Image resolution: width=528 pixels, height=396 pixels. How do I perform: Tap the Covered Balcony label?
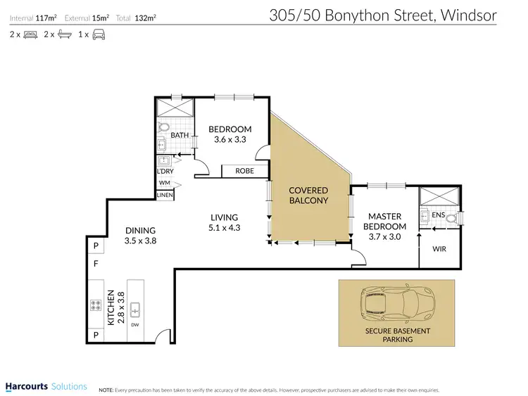tap(309, 195)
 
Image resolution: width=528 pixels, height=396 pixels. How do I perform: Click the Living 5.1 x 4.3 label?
tap(223, 222)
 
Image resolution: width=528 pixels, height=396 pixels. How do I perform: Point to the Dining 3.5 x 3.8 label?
tap(139, 235)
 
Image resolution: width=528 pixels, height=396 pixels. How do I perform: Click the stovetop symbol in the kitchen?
tap(95, 305)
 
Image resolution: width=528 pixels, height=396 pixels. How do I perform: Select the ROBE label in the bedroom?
tap(244, 171)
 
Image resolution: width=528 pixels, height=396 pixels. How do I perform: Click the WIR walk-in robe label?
tap(440, 249)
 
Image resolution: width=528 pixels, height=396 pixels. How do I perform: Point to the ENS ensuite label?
tap(437, 215)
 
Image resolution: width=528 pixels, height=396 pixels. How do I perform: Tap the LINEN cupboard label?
tap(165, 195)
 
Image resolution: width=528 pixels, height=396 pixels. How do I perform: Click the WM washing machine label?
tap(164, 183)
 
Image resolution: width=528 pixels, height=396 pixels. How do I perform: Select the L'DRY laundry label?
tap(165, 171)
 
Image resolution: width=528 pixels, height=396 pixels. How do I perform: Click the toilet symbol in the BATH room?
tap(163, 128)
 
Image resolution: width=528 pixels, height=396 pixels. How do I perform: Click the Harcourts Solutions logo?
tap(46, 386)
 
